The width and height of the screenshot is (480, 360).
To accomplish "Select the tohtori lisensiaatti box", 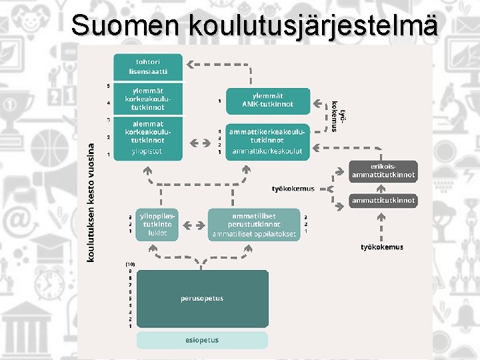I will point(148,66).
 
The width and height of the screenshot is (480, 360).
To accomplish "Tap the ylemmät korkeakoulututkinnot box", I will point(148,99).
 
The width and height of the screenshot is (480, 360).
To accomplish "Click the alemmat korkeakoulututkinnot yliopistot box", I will point(148,139).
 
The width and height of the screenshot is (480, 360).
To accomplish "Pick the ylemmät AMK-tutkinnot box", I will point(268,101).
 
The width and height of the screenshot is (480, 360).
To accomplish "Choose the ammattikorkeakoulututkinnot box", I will point(268,141).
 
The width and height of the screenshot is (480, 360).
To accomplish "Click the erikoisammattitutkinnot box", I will point(383,171).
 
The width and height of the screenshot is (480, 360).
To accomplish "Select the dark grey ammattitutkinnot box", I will point(383,200).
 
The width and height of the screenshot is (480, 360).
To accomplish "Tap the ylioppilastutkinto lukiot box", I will point(157,225).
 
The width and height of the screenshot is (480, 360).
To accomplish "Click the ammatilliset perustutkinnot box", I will point(254,225).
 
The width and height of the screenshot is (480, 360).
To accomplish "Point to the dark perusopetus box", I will point(202,298).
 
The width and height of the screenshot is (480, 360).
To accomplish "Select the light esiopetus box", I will point(202,340).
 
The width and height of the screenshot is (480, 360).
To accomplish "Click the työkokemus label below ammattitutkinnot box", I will point(381,247).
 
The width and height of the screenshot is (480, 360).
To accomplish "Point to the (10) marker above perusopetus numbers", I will point(131,264).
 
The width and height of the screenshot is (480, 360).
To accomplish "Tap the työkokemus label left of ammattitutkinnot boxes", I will point(293,189).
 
